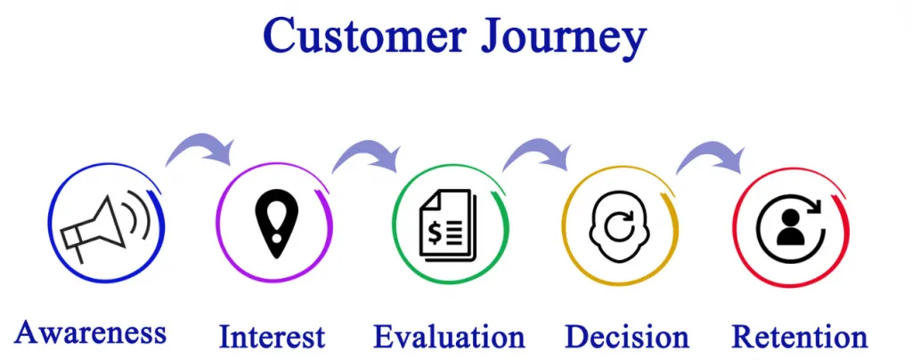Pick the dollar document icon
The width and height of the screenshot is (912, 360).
coord(448,226)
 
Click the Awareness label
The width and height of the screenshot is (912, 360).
coord(90,332)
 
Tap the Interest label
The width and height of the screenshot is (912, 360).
coord(272,337)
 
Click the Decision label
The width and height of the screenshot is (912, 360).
coord(626,337)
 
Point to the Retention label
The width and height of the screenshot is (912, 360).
coord(799,337)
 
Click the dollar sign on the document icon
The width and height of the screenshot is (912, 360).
coord(434,233)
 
